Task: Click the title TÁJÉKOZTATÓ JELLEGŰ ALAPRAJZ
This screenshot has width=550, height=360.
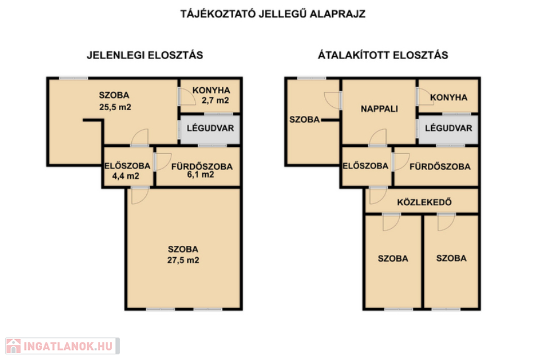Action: (x=273, y=13)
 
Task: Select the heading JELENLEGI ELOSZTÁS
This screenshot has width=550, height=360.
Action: (x=145, y=55)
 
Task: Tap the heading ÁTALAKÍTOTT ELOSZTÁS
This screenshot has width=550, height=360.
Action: (x=383, y=55)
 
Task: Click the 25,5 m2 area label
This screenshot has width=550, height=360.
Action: (x=115, y=107)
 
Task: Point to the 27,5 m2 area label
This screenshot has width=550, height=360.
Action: (x=183, y=260)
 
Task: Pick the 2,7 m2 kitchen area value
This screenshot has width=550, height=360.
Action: (x=216, y=101)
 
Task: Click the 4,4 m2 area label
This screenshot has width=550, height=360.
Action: (x=126, y=176)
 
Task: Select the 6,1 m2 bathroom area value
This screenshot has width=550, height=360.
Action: (x=200, y=174)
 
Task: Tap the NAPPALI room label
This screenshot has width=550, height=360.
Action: (x=379, y=109)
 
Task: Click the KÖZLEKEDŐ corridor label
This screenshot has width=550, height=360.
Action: (x=424, y=202)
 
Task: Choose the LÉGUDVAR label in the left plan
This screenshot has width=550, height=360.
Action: (x=210, y=128)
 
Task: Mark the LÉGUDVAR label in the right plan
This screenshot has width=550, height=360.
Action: (x=449, y=128)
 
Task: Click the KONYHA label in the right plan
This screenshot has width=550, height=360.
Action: (x=449, y=97)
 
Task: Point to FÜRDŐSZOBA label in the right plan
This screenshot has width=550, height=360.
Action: (x=440, y=166)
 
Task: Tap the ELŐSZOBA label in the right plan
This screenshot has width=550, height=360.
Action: (x=365, y=166)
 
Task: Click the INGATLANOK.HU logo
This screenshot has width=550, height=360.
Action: (x=62, y=346)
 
